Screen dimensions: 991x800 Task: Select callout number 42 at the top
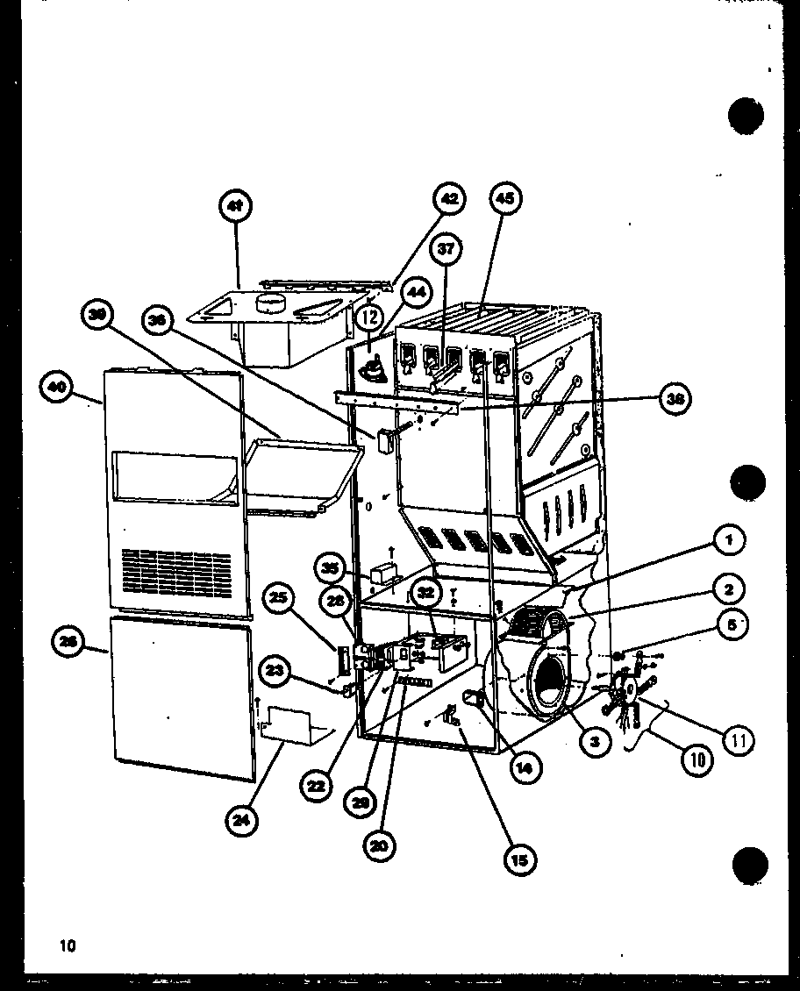(448, 201)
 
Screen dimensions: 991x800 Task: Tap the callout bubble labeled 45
(504, 201)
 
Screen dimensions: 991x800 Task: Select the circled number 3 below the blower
(595, 742)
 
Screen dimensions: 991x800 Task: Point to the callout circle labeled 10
(697, 759)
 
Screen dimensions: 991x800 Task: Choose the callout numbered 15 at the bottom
(520, 860)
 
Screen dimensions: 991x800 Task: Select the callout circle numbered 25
(278, 599)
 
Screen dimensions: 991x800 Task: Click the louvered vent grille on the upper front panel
(175, 568)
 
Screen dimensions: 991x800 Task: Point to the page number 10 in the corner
(68, 945)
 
